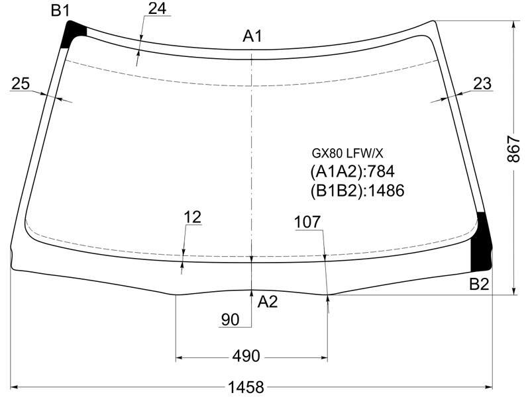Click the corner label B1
pyautogui.click(x=60, y=11)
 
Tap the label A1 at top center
pyautogui.click(x=252, y=36)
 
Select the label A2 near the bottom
pyautogui.click(x=268, y=302)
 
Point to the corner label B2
pyautogui.click(x=479, y=285)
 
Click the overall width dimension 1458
pyautogui.click(x=246, y=387)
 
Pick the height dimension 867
pyautogui.click(x=513, y=150)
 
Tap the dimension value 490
pyautogui.click(x=246, y=356)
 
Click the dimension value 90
pyautogui.click(x=230, y=320)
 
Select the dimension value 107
pyautogui.click(x=307, y=222)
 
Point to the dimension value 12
pyautogui.click(x=193, y=217)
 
